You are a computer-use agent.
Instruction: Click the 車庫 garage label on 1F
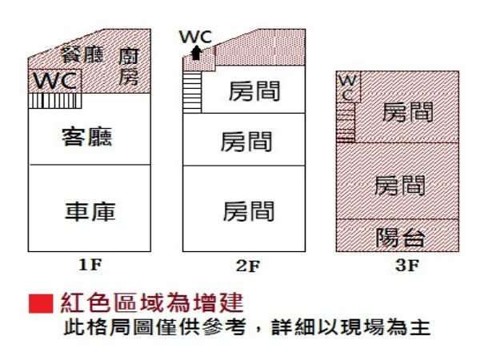coord(90,211)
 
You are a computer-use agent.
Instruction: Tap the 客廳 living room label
coord(87,137)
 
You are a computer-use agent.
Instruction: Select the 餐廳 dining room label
coord(82,54)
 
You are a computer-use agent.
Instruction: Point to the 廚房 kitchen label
coord(129,66)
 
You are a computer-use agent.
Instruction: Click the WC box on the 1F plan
coord(55,81)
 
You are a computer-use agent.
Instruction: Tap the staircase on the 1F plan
coord(55,101)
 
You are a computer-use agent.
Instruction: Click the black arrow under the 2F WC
coord(196,53)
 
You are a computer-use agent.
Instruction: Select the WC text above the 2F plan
coord(196,37)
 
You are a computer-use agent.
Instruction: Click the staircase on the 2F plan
coord(192,92)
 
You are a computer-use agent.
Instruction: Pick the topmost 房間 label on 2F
coord(254,91)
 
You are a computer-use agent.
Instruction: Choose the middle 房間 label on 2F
coord(246,142)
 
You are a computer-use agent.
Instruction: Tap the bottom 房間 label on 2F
coord(249,210)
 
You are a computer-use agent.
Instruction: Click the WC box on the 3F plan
coord(348,87)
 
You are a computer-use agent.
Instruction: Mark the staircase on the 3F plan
coord(346,122)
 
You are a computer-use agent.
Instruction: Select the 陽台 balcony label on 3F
coord(400,238)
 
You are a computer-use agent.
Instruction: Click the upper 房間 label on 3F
coord(408,112)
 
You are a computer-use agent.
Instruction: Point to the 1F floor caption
coord(90,265)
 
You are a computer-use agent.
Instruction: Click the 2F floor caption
coord(248,266)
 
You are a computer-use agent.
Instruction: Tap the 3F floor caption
coord(406,265)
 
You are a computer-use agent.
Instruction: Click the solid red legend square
coord(41,304)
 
